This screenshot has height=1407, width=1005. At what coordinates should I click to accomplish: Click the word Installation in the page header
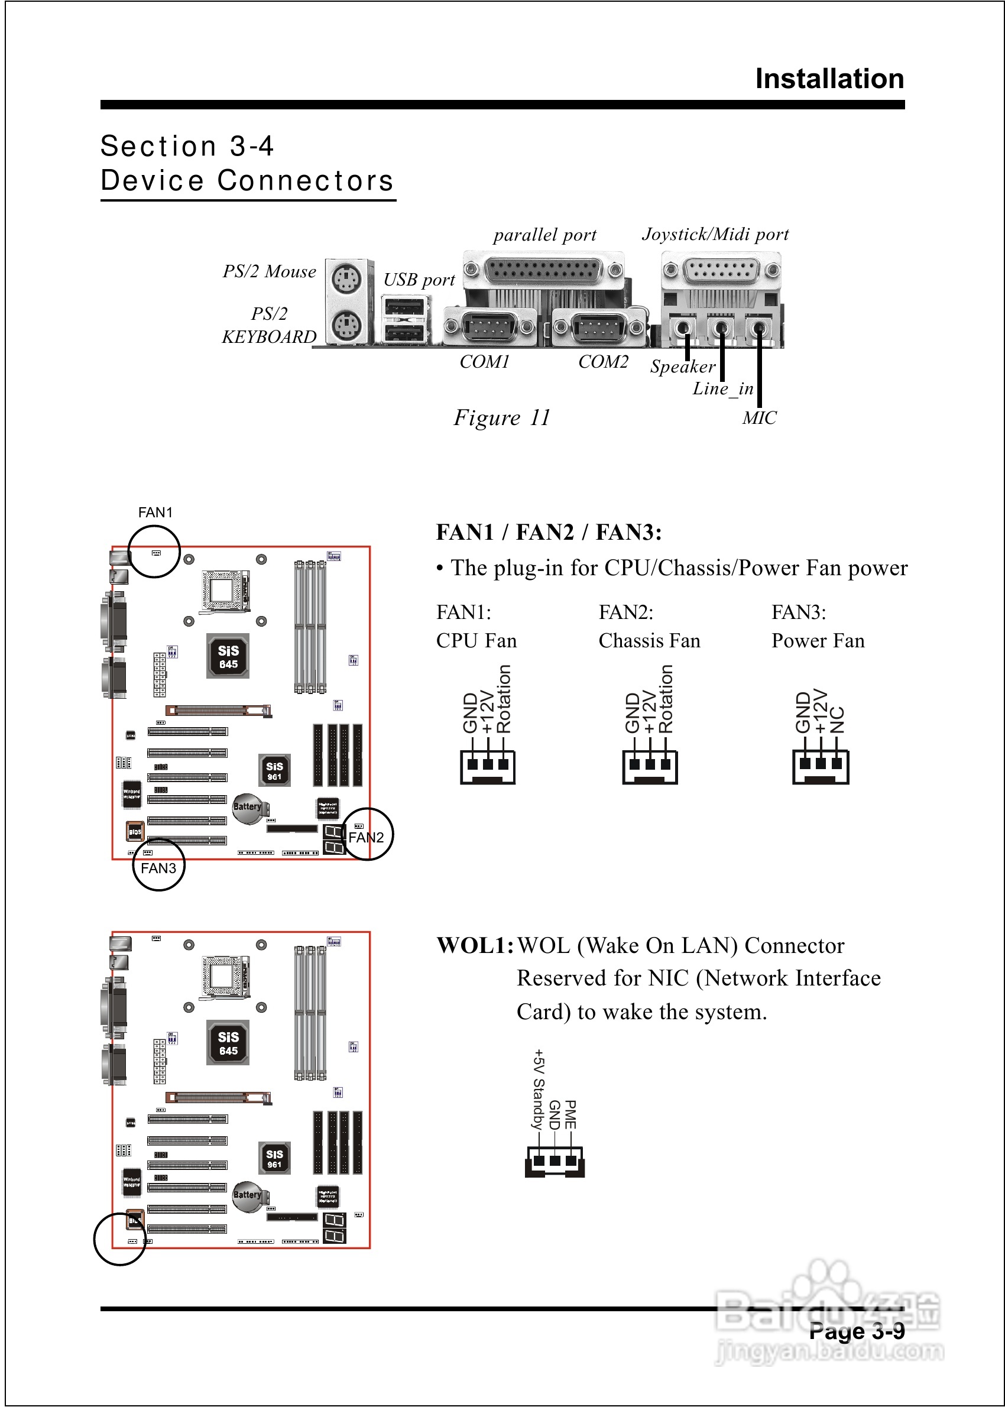click(x=829, y=79)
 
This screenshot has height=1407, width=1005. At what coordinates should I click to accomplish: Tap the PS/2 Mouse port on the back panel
click(x=346, y=279)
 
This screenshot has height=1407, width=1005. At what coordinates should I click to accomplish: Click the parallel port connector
click(x=543, y=270)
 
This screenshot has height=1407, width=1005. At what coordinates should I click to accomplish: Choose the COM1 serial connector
click(x=489, y=326)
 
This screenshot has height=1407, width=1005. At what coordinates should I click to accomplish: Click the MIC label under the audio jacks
click(x=759, y=419)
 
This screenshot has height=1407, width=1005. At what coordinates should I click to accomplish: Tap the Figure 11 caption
click(x=502, y=417)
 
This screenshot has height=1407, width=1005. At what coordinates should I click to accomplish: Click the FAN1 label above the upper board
click(x=155, y=513)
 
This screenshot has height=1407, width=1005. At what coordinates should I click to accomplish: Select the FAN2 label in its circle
click(x=367, y=837)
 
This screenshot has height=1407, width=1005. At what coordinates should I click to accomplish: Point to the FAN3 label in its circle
click(x=158, y=868)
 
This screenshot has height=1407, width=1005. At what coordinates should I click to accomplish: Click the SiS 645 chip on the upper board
click(x=228, y=656)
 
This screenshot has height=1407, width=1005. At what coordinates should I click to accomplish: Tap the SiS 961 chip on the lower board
click(x=274, y=1159)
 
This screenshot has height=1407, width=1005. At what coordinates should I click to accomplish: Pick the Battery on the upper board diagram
click(x=248, y=808)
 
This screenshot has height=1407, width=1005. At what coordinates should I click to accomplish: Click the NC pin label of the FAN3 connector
click(x=837, y=719)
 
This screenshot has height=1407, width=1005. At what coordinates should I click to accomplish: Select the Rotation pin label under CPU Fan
click(x=504, y=699)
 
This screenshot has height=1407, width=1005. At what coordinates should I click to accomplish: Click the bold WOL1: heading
click(x=475, y=945)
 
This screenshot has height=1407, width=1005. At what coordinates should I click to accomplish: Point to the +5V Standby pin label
click(x=539, y=1089)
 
